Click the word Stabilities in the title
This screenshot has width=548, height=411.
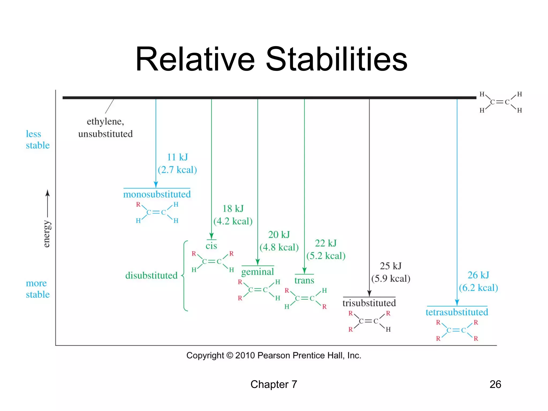tap(336, 59)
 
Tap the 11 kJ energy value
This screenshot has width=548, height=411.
tap(177, 157)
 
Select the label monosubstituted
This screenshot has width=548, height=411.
tap(157, 194)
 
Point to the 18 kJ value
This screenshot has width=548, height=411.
tap(233, 208)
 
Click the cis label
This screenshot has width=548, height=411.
tap(211, 246)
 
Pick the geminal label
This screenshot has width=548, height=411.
tap(257, 272)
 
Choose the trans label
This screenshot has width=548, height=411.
tap(304, 280)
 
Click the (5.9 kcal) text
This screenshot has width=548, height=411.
tap(391, 279)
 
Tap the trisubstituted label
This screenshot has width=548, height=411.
tap(369, 303)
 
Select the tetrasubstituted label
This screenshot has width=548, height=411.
tap(457, 312)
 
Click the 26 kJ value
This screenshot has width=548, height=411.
tap(478, 275)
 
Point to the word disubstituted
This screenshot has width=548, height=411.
tap(151, 275)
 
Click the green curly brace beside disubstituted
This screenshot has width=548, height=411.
tap(184, 276)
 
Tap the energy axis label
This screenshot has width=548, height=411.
tap(47, 234)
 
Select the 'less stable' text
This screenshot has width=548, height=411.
tap(37, 139)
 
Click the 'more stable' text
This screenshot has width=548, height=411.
tap(37, 289)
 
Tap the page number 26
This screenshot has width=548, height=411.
tap(495, 384)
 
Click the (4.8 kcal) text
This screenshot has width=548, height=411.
tap(279, 247)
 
